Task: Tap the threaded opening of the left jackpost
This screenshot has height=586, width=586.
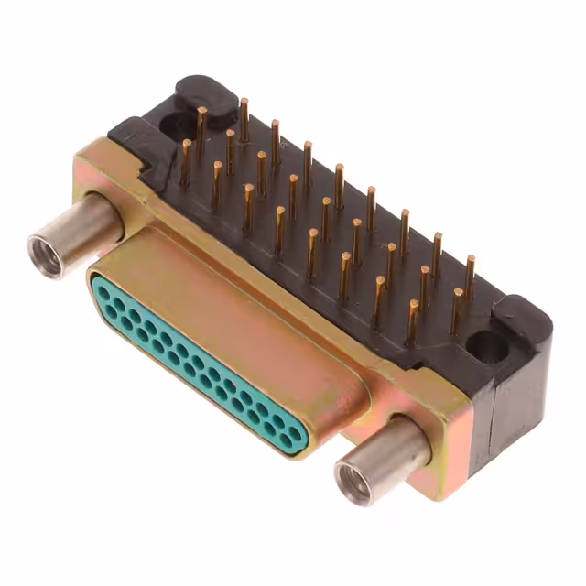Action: click(x=47, y=255)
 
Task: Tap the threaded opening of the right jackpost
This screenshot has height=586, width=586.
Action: click(x=354, y=479)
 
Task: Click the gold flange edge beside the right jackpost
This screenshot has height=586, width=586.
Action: click(x=439, y=412)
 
